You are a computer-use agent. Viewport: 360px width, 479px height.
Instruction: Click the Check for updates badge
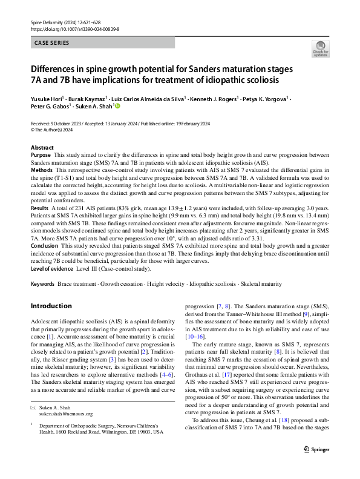click(x=319, y=48)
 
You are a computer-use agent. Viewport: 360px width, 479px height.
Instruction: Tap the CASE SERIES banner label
click(x=52, y=43)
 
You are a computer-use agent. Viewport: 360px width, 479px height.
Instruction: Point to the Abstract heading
click(x=42, y=148)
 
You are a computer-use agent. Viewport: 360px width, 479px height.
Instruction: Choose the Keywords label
click(x=43, y=283)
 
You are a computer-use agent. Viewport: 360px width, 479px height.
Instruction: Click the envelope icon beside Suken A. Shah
click(x=34, y=407)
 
